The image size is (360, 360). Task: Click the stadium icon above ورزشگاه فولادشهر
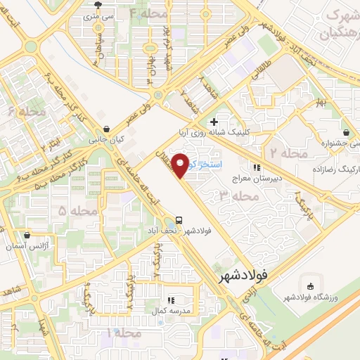(x=310, y=286)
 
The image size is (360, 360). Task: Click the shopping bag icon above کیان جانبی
(x=105, y=129)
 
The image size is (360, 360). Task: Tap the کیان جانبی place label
(x=106, y=140)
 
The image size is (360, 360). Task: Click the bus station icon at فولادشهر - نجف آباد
(x=181, y=219)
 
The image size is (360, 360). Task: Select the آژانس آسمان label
(x=26, y=245)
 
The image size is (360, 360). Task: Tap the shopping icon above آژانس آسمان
(x=26, y=235)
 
